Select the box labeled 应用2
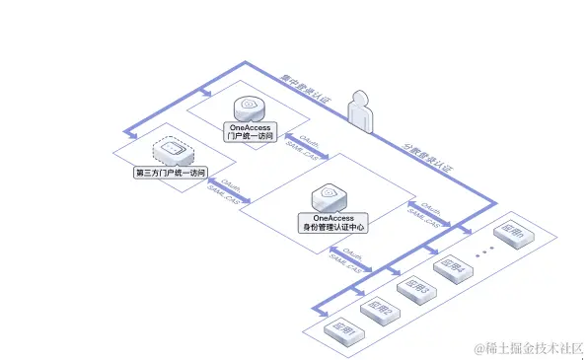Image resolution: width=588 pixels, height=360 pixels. coord(378,310)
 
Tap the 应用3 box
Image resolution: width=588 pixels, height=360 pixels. coord(413,288)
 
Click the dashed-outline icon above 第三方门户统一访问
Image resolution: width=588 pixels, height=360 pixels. coord(171,151)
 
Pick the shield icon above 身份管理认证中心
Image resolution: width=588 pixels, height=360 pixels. coord(330,195)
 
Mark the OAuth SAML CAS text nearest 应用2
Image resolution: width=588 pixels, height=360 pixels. coord(347,258)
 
